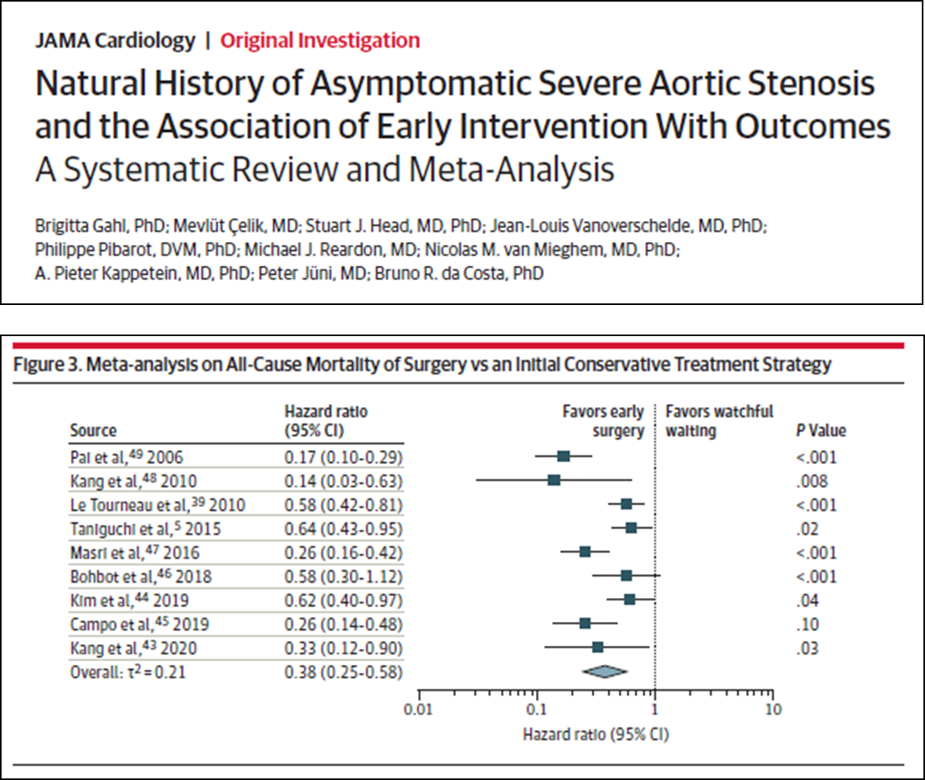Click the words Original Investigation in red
(320, 40)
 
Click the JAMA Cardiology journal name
(114, 40)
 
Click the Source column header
(93, 431)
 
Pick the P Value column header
(816, 431)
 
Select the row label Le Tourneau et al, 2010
(157, 505)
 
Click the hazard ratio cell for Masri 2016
(343, 552)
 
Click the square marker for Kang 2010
(554, 481)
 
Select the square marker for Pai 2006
(563, 457)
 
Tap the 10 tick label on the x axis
(772, 709)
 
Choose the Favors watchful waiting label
(719, 421)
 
